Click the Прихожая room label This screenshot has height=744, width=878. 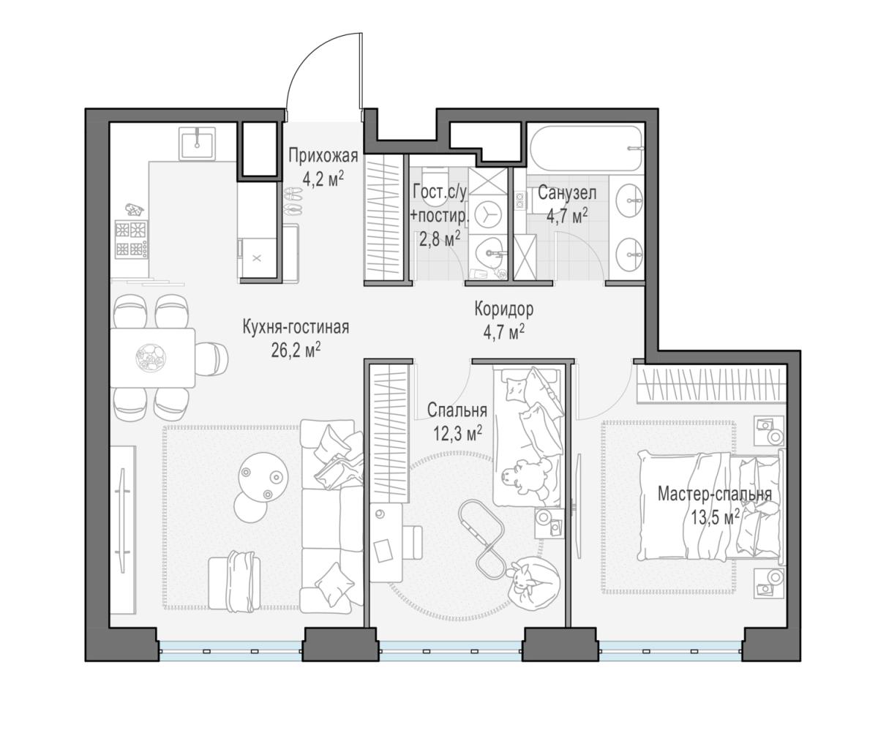[x=323, y=156]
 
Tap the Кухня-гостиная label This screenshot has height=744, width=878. [x=296, y=328]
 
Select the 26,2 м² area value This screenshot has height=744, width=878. [x=296, y=350]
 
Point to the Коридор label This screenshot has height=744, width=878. [x=504, y=309]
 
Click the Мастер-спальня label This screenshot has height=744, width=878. [x=715, y=495]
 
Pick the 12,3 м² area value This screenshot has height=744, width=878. [x=457, y=434]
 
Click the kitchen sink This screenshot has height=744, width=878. [x=197, y=143]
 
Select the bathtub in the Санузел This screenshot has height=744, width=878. [x=586, y=147]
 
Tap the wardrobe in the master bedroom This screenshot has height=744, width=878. [x=710, y=384]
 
